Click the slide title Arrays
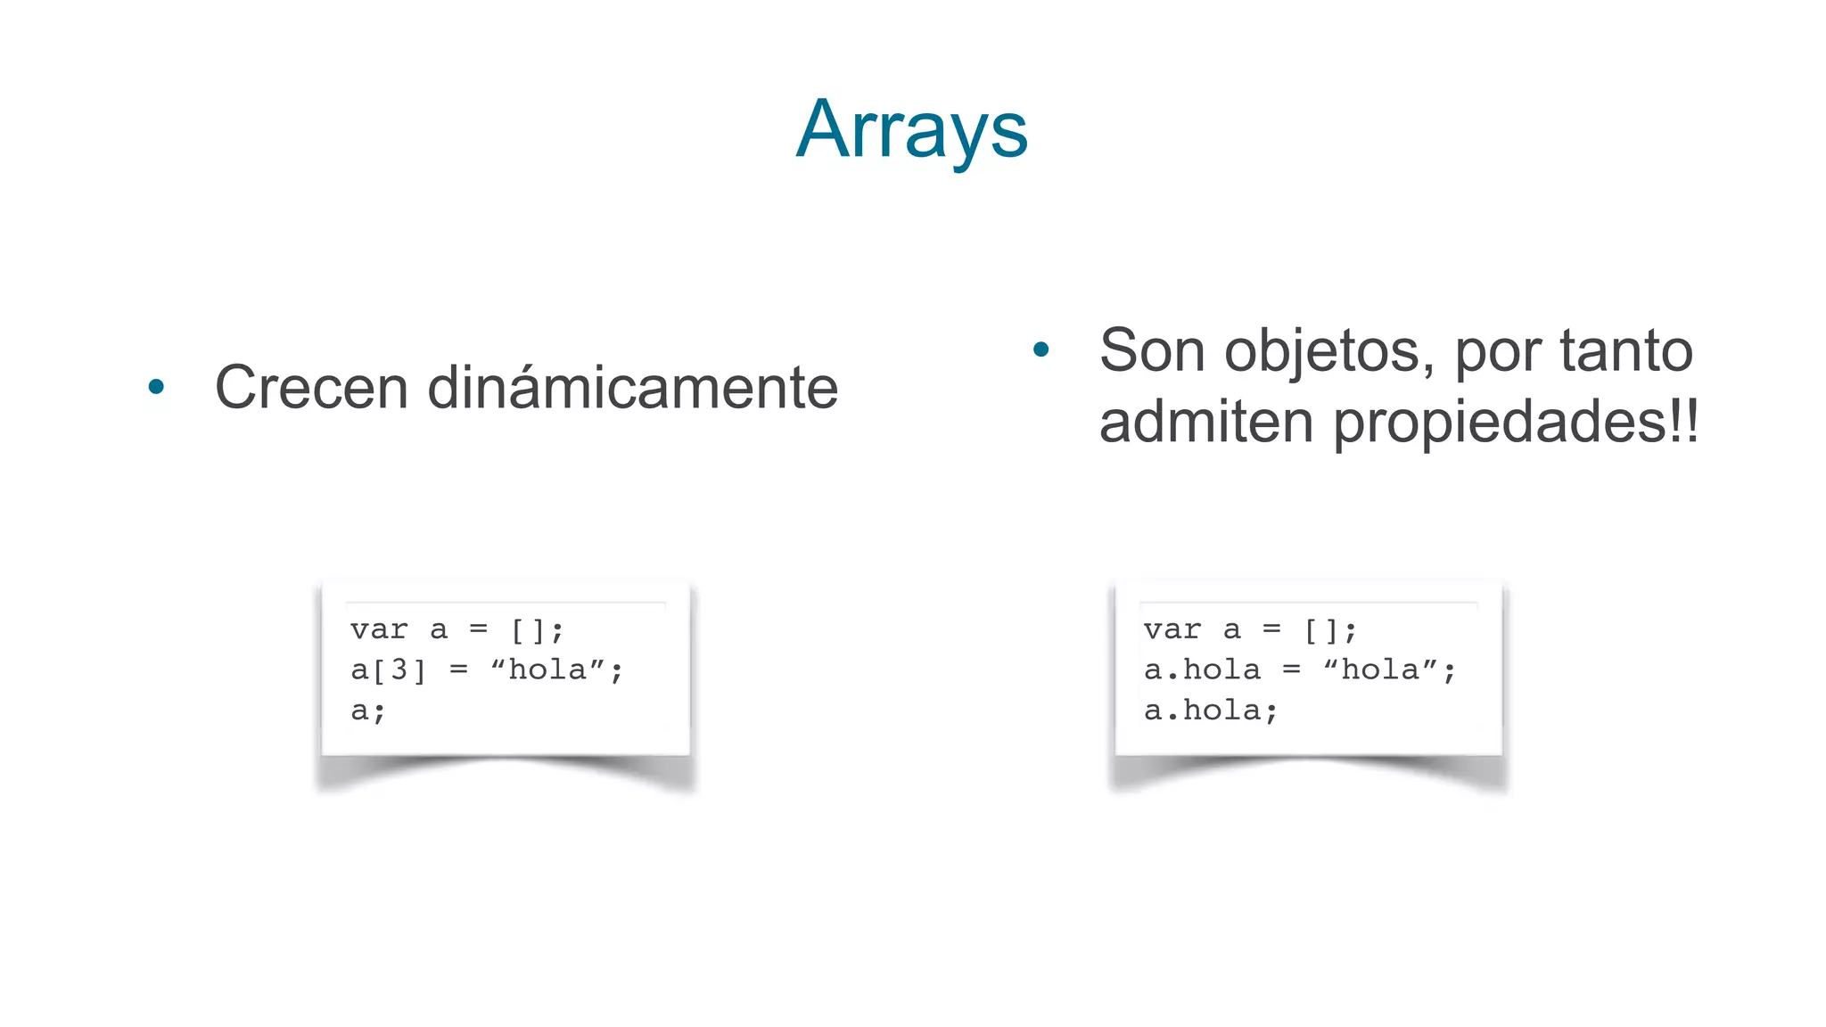click(911, 130)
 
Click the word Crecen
click(311, 388)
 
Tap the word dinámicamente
click(632, 388)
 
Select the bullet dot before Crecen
click(156, 387)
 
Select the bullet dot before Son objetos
click(1040, 349)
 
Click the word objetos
click(1328, 351)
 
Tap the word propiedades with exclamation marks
click(1516, 423)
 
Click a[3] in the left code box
click(388, 670)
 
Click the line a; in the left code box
click(367, 711)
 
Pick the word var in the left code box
click(379, 629)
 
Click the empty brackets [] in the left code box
click(528, 630)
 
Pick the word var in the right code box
click(1172, 629)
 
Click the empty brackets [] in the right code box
click(1321, 630)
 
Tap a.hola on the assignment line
click(1202, 670)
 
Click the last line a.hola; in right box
click(1211, 711)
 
